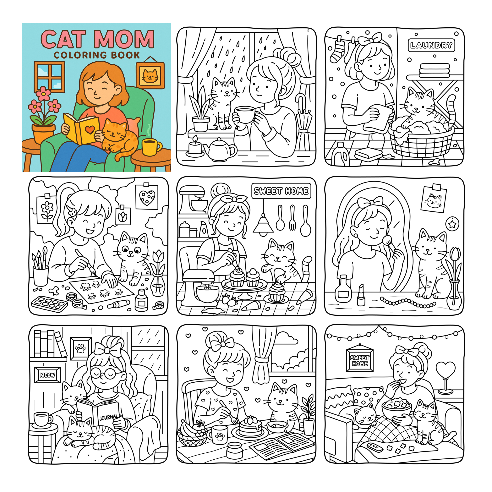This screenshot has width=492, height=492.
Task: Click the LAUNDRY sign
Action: (x=431, y=45)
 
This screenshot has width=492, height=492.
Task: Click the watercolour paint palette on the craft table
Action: (x=49, y=304)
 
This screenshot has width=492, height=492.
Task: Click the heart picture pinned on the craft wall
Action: (x=147, y=197)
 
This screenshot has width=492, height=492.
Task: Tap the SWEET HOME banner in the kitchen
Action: (x=281, y=191)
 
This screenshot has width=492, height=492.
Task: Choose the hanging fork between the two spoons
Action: (x=292, y=218)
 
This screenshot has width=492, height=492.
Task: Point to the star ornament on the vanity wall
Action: (x=452, y=224)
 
